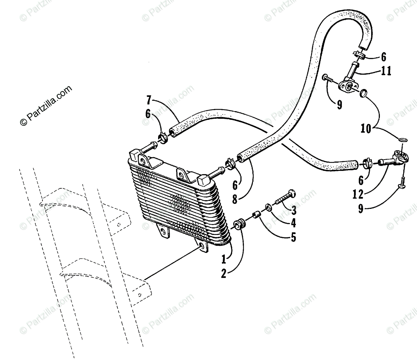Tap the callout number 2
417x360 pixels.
(x=224, y=273)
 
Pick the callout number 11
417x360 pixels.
(x=385, y=71)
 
